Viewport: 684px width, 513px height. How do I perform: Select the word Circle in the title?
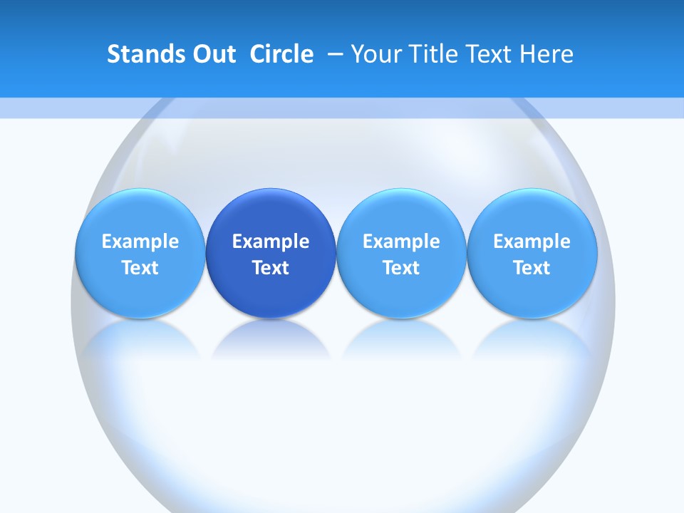pyautogui.click(x=281, y=54)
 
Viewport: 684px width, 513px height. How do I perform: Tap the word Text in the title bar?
pyautogui.click(x=489, y=54)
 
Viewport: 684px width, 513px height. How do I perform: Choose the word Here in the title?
pyautogui.click(x=547, y=54)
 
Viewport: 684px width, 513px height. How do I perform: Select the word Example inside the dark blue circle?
pyautogui.click(x=271, y=242)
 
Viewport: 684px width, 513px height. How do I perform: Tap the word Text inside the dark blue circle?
pyautogui.click(x=271, y=268)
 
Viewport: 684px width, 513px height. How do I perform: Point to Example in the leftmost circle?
pyautogui.click(x=140, y=242)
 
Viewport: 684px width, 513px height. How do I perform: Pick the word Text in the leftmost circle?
pyautogui.click(x=140, y=268)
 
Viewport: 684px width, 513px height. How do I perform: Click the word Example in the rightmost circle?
pyautogui.click(x=532, y=242)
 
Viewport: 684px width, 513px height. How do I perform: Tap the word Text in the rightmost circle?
pyautogui.click(x=532, y=268)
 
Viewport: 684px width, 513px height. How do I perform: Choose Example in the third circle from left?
pyautogui.click(x=401, y=242)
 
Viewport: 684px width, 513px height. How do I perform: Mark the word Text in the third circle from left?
pyautogui.click(x=401, y=268)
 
